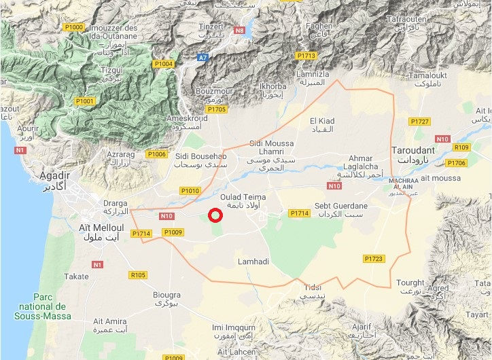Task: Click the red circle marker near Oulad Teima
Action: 215,216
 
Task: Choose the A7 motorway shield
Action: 203,58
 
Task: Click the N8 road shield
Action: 239,31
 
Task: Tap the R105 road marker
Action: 138,275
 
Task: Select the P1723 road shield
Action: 374,259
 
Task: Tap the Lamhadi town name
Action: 253,262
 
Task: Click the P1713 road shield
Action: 306,56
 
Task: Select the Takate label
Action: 76,276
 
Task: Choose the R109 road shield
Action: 461,147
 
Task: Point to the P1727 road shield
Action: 420,121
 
